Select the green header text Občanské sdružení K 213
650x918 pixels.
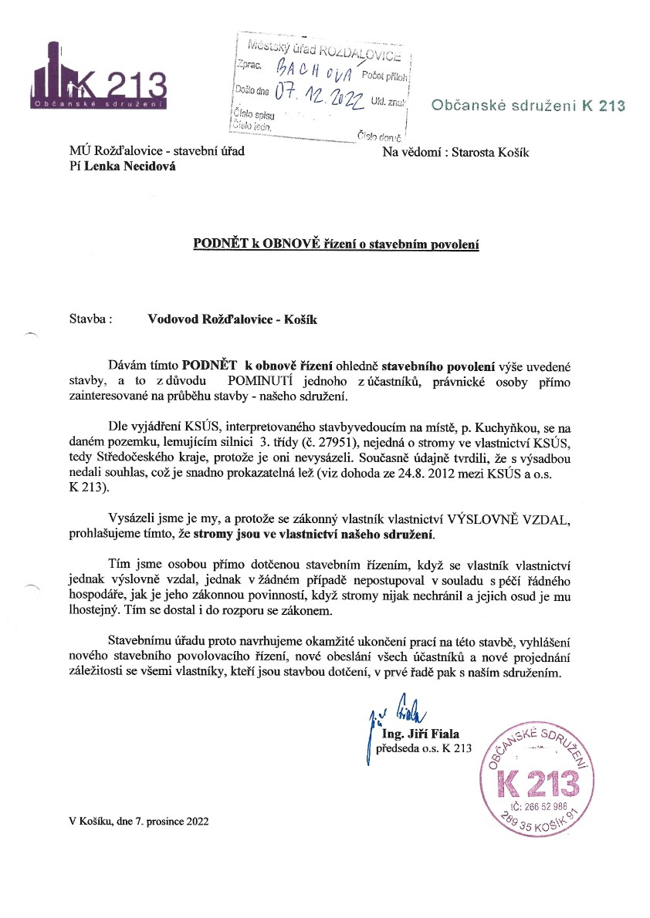[526, 105]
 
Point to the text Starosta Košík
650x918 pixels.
[487, 152]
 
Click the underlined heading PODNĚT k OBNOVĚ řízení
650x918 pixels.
[336, 245]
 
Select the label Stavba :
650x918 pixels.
[91, 319]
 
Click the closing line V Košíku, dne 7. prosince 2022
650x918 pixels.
[138, 822]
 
